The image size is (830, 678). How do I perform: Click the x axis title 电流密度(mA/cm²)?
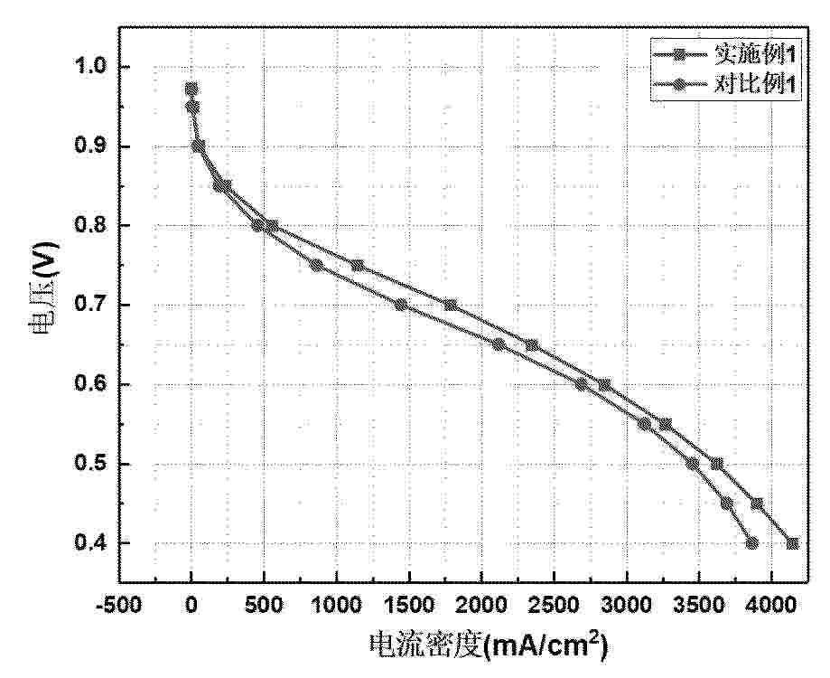pos(487,645)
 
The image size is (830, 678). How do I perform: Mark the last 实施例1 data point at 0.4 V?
pos(792,543)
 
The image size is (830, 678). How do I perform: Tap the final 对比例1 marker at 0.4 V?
pos(751,543)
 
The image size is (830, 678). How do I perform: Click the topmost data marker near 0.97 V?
pos(191,89)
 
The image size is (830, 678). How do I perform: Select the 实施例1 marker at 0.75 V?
pos(358,265)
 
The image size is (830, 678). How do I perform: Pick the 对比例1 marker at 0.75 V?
pos(317,265)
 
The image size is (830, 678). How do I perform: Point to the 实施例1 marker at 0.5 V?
pos(717,464)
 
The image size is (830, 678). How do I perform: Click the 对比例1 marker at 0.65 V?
pos(499,344)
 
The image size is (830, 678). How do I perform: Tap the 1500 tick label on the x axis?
pos(408,604)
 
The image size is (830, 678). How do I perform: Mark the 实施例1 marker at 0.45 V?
pos(757,504)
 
